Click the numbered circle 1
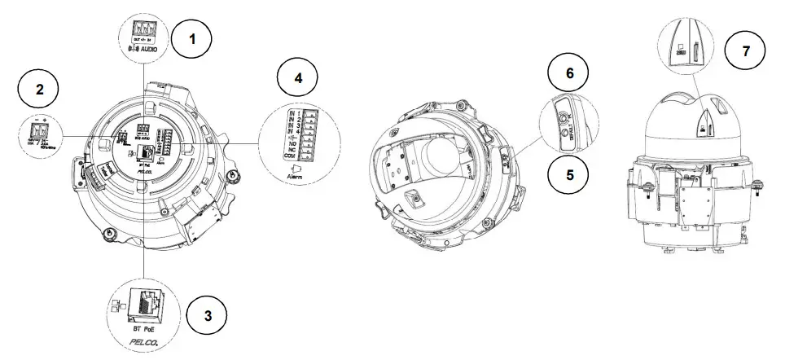click(193, 38)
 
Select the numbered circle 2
click(39, 89)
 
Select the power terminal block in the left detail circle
click(39, 129)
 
